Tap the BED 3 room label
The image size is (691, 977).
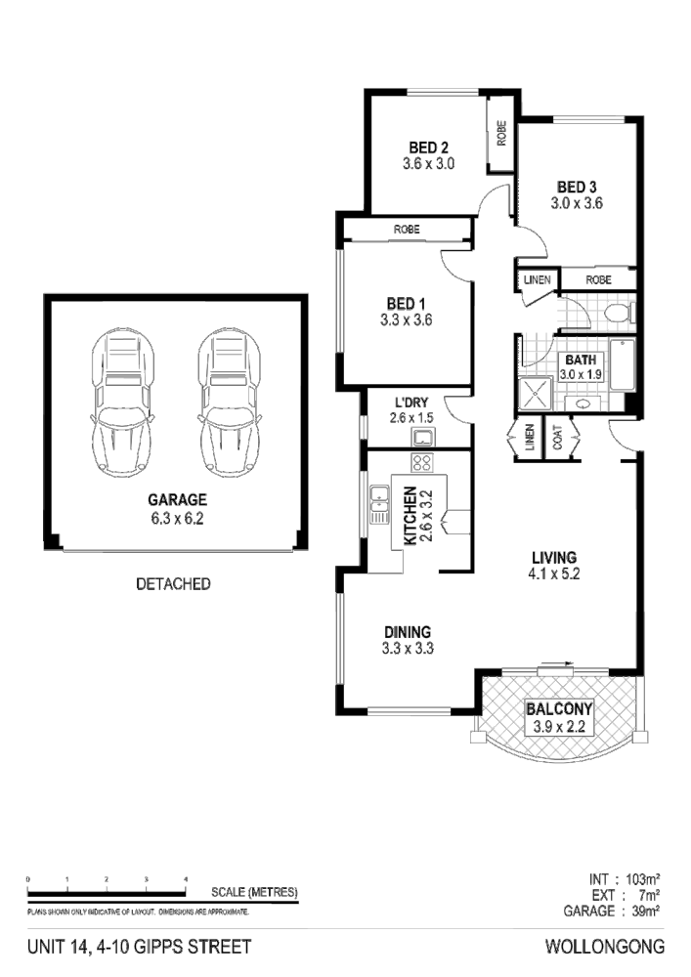(x=577, y=187)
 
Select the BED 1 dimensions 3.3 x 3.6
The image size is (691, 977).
(x=407, y=319)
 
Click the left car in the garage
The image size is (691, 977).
(x=124, y=402)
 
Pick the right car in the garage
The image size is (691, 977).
(x=230, y=402)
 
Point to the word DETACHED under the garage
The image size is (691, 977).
(x=173, y=584)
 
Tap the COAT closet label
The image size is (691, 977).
(x=558, y=441)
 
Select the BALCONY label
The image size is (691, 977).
(x=555, y=709)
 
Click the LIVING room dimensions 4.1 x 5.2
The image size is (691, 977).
(x=554, y=574)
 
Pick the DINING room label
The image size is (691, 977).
(x=407, y=631)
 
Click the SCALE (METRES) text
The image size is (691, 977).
(x=254, y=892)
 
